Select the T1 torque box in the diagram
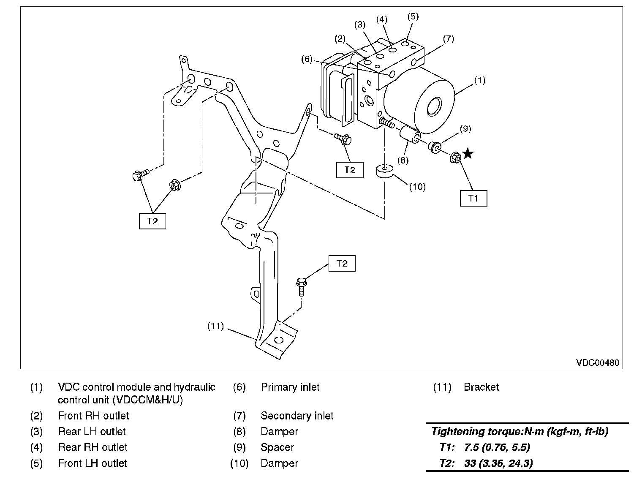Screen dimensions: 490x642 [x=473, y=198]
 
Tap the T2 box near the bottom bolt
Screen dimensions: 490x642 [x=342, y=264]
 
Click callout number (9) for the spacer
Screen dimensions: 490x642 [x=465, y=128]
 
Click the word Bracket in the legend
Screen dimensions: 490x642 [x=481, y=387]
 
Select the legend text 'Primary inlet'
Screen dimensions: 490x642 [x=290, y=387]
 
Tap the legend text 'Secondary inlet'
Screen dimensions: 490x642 [x=297, y=416]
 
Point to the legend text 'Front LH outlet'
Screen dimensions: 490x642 [x=92, y=463]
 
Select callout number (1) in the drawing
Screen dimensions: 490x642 [x=479, y=80]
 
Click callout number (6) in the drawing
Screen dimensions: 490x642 [x=307, y=59]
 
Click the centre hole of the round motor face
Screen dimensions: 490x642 [x=434, y=107]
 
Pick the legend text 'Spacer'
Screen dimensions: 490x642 [x=277, y=447]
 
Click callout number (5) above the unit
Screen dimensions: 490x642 [x=413, y=16]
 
